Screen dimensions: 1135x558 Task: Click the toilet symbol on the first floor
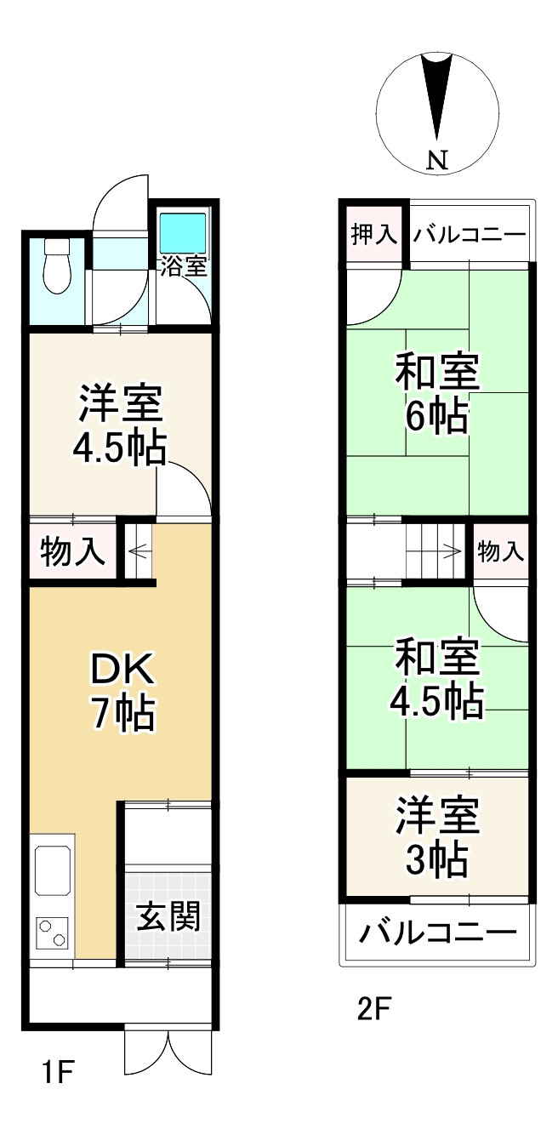pos(56,265)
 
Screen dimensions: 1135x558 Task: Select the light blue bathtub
pos(183,230)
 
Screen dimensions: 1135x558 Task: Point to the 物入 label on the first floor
pos(74,553)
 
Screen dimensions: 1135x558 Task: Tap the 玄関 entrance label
pos(168,917)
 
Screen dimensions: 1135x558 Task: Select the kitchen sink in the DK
pos(54,870)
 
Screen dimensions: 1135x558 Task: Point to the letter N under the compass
pos(437,159)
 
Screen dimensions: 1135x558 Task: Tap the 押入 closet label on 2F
pos(374,235)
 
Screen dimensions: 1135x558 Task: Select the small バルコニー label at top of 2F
pos(469,236)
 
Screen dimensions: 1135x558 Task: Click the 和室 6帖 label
pos(436,394)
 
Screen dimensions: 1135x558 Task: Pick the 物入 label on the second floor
pos(500,552)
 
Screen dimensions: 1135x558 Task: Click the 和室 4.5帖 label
pos(436,678)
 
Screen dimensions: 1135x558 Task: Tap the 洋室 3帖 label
pos(436,838)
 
